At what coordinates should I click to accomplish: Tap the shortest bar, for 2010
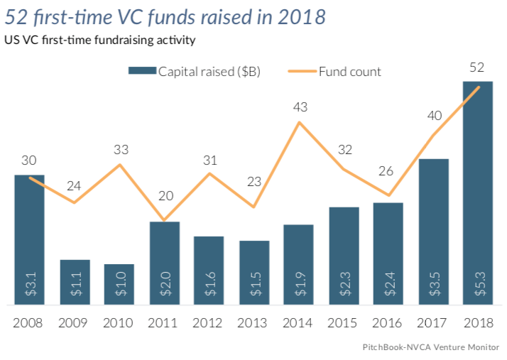(119, 285)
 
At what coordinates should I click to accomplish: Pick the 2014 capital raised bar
(298, 265)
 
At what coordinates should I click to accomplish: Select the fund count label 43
(300, 107)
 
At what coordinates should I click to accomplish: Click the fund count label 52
(477, 68)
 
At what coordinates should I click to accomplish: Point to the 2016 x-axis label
(388, 323)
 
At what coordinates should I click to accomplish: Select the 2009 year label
(74, 323)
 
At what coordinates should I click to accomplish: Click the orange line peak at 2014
(300, 122)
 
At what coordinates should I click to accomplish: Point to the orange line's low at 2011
(164, 220)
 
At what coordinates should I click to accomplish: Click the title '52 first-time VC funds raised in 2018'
(165, 17)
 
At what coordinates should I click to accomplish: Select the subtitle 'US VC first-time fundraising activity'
(99, 40)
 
